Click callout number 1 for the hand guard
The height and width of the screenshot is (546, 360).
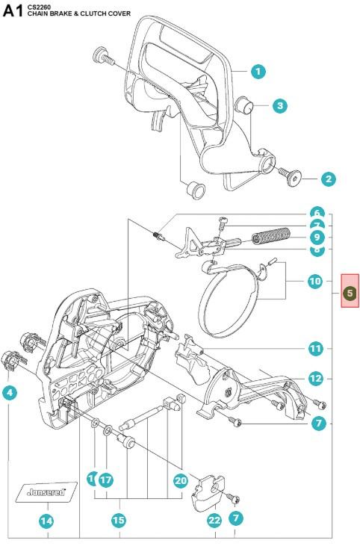pos(258,72)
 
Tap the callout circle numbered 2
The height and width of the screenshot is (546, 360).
pos(328,179)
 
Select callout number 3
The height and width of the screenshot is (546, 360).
pos(279,106)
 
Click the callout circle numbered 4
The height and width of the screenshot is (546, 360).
pos(10,392)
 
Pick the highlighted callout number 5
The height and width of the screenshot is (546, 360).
pos(348,294)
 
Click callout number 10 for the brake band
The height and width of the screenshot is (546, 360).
pos(316,282)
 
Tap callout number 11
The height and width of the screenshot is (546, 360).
pos(316,348)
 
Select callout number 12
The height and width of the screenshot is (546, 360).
pos(316,379)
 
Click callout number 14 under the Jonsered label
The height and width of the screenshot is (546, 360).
pos(47,521)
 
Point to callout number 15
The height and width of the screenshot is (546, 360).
pos(118,521)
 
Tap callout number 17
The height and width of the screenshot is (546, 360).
pos(105,480)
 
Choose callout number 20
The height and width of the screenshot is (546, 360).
pos(180,480)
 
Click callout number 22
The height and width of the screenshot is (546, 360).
pos(215,521)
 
